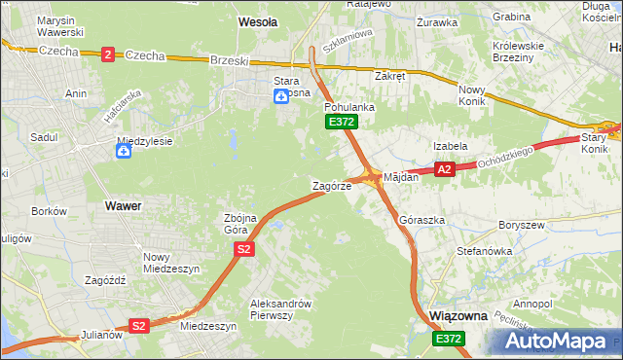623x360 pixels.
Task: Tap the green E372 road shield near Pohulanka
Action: (342, 122)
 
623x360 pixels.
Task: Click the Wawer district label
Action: (123, 206)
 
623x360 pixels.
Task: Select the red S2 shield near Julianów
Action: (139, 326)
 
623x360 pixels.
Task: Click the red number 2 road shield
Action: (107, 54)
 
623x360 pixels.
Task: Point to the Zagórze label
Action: (331, 185)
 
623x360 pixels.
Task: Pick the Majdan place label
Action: (401, 178)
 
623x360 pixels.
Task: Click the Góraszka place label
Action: (422, 221)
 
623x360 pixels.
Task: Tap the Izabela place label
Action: (451, 146)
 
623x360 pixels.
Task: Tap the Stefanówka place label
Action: (485, 251)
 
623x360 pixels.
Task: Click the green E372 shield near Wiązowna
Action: (449, 338)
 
